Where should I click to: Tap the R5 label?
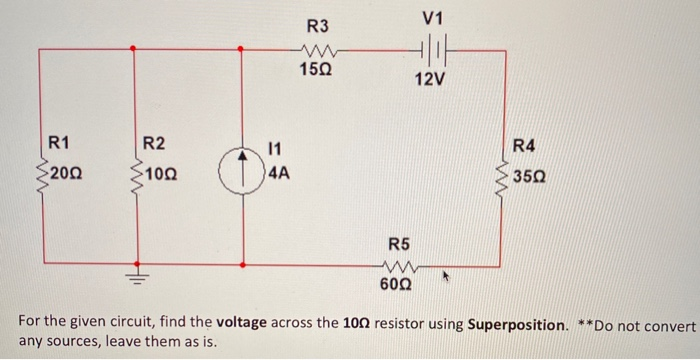398,243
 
